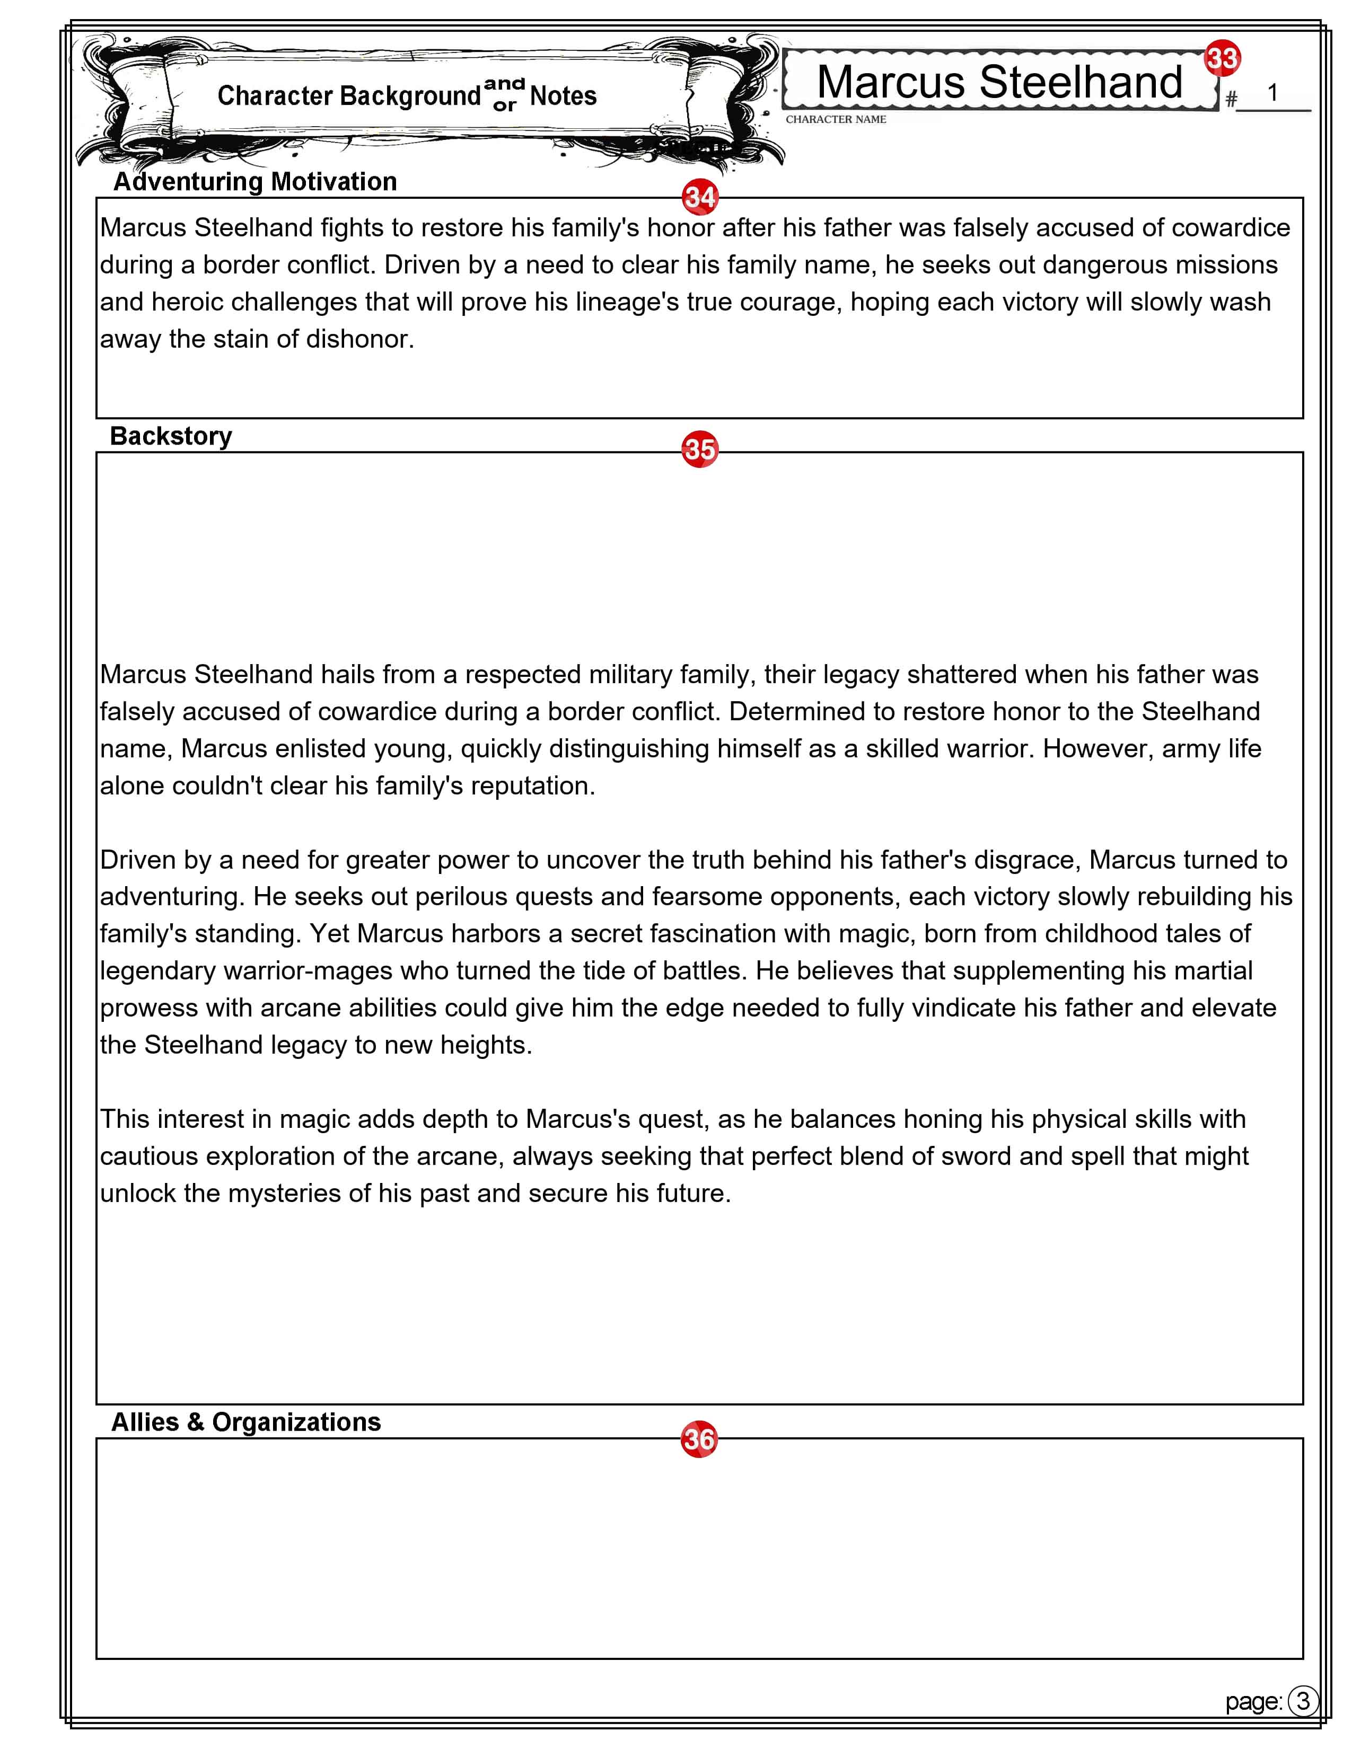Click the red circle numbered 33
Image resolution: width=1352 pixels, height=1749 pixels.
(1222, 58)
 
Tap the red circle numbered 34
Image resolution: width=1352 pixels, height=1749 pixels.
(699, 198)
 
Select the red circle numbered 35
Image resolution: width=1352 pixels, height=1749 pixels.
(699, 449)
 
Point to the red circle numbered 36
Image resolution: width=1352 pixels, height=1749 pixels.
(698, 1439)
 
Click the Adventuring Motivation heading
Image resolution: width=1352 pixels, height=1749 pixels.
(254, 182)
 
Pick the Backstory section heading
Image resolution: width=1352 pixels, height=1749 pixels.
(171, 436)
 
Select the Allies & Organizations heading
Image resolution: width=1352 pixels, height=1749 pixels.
(246, 1423)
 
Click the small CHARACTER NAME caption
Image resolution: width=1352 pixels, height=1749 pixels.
(836, 119)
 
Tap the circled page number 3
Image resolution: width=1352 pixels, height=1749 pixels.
(1303, 1700)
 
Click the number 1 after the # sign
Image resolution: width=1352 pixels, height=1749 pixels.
(1272, 93)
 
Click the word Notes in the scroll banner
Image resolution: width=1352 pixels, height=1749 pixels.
(563, 96)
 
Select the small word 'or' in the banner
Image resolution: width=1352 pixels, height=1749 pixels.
(505, 105)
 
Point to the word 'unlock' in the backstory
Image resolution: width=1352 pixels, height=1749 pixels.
(138, 1193)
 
